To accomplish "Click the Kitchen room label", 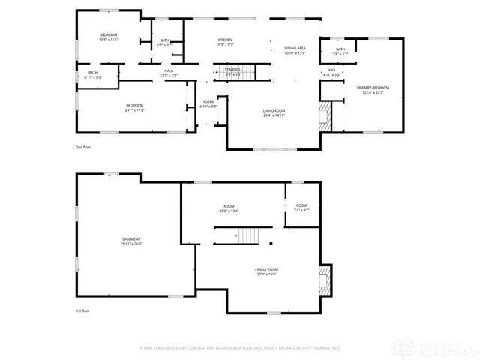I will [x=225, y=42].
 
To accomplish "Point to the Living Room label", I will [x=274, y=112].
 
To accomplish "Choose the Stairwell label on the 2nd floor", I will [x=232, y=71].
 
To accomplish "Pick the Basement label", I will [x=131, y=241].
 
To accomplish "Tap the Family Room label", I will [x=266, y=271].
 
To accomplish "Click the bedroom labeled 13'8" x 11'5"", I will [x=109, y=37].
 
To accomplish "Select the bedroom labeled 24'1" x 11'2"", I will [x=135, y=107].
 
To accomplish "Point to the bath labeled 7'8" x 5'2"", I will [x=340, y=52].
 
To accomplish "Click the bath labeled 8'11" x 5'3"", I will [x=92, y=75].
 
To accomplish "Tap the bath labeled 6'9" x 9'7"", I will [x=164, y=43].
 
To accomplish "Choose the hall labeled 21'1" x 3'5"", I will [x=169, y=73].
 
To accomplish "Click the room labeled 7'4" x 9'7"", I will [x=301, y=208].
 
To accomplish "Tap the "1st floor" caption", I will [x=82, y=309].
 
